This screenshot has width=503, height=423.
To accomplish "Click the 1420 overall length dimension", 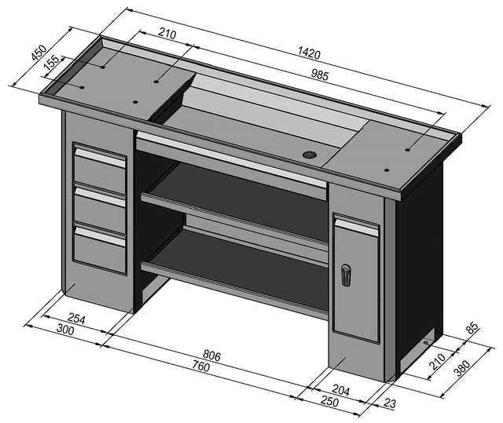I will click(309, 54).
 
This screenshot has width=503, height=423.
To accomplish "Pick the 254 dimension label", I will click(76, 318).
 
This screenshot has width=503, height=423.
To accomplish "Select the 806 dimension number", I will click(211, 356).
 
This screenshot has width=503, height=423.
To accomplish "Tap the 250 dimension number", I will click(329, 401).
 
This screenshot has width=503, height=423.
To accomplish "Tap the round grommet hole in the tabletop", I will click(310, 154).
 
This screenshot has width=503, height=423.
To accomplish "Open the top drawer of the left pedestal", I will click(100, 166).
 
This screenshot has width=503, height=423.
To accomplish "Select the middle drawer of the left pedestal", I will click(100, 206).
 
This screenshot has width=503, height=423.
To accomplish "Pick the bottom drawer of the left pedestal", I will click(100, 250).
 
